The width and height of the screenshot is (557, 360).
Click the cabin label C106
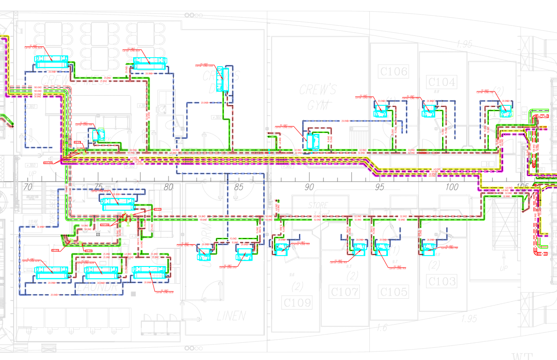click(x=393, y=71)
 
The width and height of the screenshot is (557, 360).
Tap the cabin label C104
click(x=442, y=82)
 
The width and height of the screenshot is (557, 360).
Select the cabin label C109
click(x=298, y=302)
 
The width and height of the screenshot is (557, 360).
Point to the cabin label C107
click(x=345, y=291)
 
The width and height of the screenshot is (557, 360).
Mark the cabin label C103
click(x=442, y=281)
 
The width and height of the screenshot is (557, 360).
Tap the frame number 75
click(x=98, y=187)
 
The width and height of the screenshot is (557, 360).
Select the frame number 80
click(x=169, y=187)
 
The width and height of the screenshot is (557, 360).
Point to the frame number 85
click(x=239, y=187)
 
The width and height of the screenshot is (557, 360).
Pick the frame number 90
click(x=310, y=187)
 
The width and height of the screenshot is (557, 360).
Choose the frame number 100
click(x=452, y=187)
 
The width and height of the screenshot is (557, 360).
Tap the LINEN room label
click(x=231, y=316)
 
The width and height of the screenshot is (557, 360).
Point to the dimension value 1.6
click(x=381, y=327)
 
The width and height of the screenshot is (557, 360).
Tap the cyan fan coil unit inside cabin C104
click(x=428, y=109)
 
